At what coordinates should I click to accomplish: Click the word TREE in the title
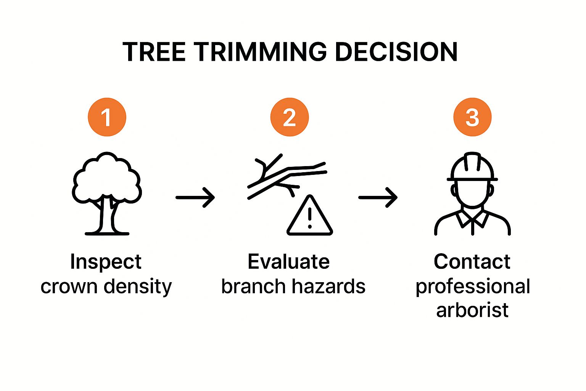tap(154, 52)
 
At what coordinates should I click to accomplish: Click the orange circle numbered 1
tap(107, 117)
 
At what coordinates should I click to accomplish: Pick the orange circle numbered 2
tap(290, 117)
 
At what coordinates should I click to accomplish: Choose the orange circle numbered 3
tap(472, 117)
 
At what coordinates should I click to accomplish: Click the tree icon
tap(107, 194)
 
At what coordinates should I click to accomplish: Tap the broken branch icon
tap(287, 177)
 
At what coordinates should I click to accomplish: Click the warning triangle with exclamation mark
tap(310, 215)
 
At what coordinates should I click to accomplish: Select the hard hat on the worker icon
tap(472, 166)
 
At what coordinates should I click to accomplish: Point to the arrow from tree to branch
tap(195, 197)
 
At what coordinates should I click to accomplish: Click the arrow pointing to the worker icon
tap(378, 197)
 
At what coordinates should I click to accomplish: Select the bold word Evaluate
tap(288, 261)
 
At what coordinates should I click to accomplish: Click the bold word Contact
tap(472, 261)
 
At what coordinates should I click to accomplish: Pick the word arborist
tap(472, 310)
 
